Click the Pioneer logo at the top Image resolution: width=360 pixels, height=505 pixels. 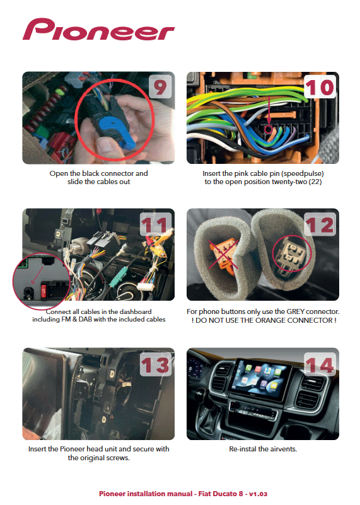98,29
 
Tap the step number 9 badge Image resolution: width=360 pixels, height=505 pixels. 160,86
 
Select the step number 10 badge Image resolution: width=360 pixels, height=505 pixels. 320,86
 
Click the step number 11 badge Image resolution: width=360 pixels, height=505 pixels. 156,224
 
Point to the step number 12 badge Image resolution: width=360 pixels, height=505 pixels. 320,224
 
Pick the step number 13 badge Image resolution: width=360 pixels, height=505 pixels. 156,364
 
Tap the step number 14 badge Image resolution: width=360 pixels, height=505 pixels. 320,364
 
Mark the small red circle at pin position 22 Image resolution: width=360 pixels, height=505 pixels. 269,129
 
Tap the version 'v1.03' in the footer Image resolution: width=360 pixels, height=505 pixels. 258,494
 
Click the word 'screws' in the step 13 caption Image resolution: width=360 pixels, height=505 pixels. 118,458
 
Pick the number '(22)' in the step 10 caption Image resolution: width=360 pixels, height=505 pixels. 315,182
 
